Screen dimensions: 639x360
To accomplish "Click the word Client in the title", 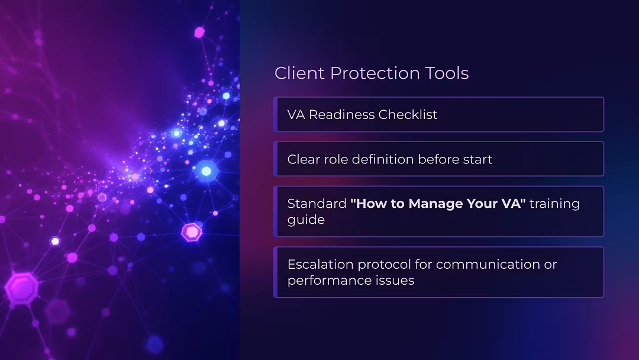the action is (299, 73).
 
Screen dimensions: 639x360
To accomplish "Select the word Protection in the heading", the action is (375, 73).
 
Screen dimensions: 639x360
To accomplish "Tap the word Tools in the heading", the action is (447, 73).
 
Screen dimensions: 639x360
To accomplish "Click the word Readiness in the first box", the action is (341, 114).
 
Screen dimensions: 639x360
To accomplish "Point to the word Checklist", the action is (408, 114).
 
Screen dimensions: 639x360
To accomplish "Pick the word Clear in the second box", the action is (303, 159).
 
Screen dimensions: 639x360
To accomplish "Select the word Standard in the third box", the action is (317, 204).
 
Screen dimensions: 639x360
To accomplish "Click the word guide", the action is (306, 220).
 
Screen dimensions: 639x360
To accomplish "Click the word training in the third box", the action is (554, 204).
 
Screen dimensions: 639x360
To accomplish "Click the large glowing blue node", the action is (206, 171).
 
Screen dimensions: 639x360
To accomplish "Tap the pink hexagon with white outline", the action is (192, 232).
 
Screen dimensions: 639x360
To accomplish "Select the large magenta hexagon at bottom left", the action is (22, 288).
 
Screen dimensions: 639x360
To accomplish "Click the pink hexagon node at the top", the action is (199, 32).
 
